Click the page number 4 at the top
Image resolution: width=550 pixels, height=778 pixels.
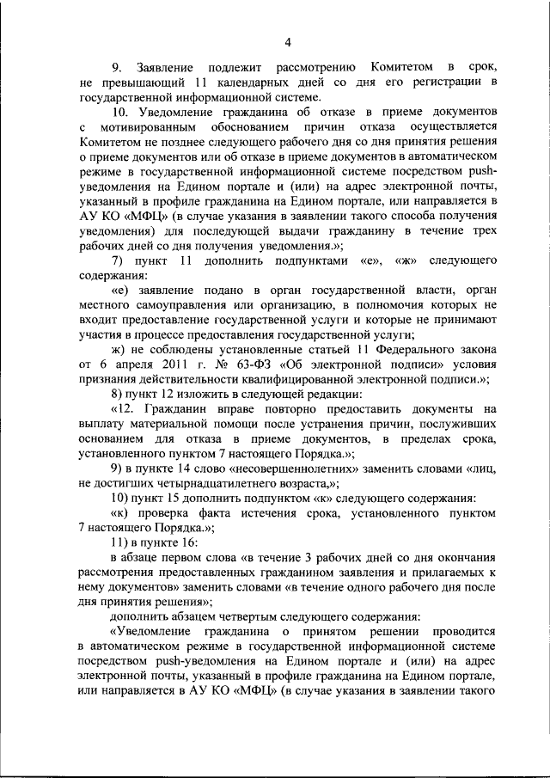pyautogui.click(x=287, y=43)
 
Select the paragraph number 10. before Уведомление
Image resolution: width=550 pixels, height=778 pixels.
pyautogui.click(x=121, y=113)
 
